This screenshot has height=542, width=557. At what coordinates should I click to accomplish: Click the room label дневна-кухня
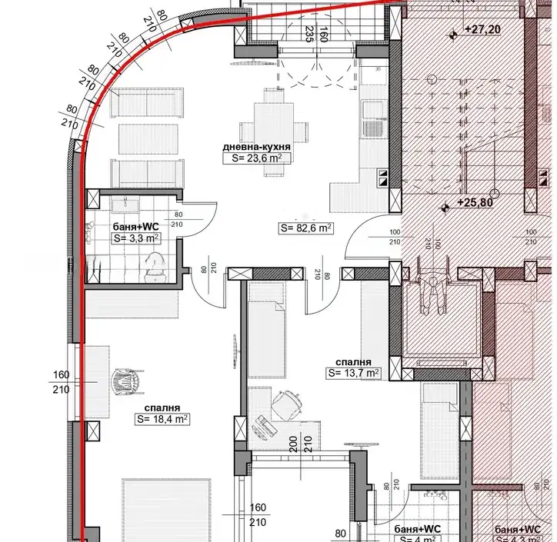[256, 147]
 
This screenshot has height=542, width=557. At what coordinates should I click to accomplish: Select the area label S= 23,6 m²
[257, 158]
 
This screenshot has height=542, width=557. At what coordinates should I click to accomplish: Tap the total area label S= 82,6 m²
[306, 228]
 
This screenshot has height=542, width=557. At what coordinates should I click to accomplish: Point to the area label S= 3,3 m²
[135, 238]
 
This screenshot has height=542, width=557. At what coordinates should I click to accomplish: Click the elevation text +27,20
[482, 29]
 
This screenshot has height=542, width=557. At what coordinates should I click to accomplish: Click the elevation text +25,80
[475, 202]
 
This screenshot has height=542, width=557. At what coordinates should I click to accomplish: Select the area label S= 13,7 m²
[353, 373]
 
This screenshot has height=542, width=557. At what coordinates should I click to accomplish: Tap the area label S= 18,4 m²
[162, 419]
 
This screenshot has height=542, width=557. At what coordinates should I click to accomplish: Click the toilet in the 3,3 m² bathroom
[155, 267]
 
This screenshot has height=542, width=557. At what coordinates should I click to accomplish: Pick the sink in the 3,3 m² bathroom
[125, 205]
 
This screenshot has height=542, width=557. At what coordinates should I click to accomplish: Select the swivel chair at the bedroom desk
[287, 403]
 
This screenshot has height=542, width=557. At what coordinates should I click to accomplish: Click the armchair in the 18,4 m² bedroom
[128, 381]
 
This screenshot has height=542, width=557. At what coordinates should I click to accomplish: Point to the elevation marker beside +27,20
[453, 35]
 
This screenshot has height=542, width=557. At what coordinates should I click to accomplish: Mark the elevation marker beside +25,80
[445, 208]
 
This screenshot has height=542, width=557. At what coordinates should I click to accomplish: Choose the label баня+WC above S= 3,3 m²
[135, 227]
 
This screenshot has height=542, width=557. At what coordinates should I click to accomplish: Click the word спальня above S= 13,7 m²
[353, 362]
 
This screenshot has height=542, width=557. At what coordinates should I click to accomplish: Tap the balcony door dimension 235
[310, 34]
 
